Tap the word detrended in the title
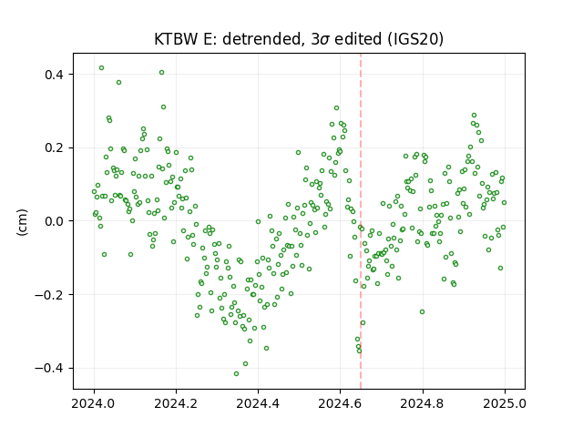coord(261,39)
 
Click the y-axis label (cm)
coord(22,222)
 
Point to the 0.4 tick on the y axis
coord(55,75)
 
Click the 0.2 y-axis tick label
coord(55,147)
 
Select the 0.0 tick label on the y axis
coord(55,221)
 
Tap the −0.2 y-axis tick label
coord(49,295)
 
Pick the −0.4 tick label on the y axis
coord(49,368)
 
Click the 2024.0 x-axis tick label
coord(94,403)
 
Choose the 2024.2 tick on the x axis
coord(176,403)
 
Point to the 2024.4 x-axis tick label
coord(258,403)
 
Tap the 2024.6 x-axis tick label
coord(340,403)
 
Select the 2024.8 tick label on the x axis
coord(423,403)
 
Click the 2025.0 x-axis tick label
coord(505,403)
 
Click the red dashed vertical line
coord(361,221)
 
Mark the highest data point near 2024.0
coord(101,68)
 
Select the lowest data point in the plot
coord(236,374)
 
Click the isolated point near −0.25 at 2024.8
coord(422,311)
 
